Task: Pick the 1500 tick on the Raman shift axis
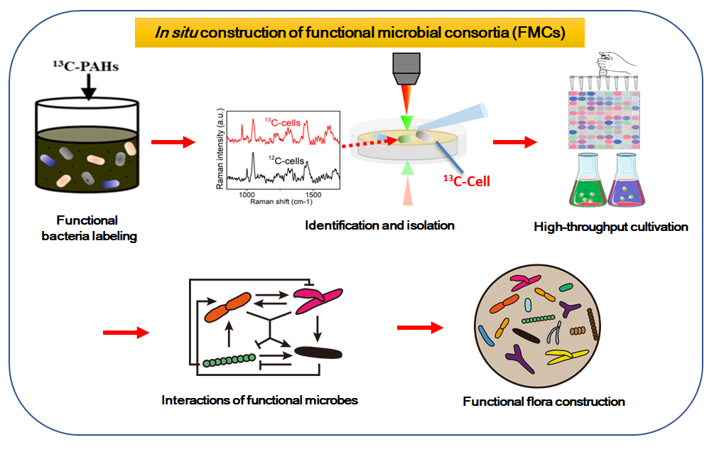pos(312,194)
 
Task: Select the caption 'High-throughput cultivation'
pos(611,227)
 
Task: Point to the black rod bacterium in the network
pos(318,351)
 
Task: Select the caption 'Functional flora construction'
pos(543,402)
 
